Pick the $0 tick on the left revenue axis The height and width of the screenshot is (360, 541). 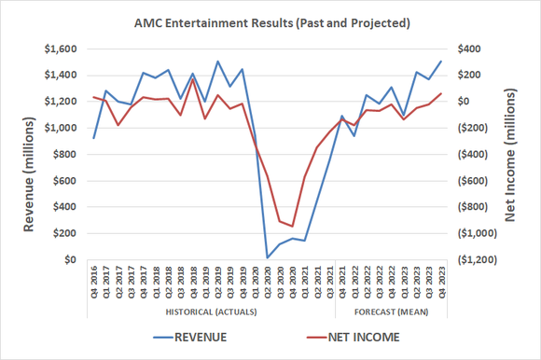tap(72, 259)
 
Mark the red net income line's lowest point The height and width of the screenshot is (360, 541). tap(292, 227)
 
